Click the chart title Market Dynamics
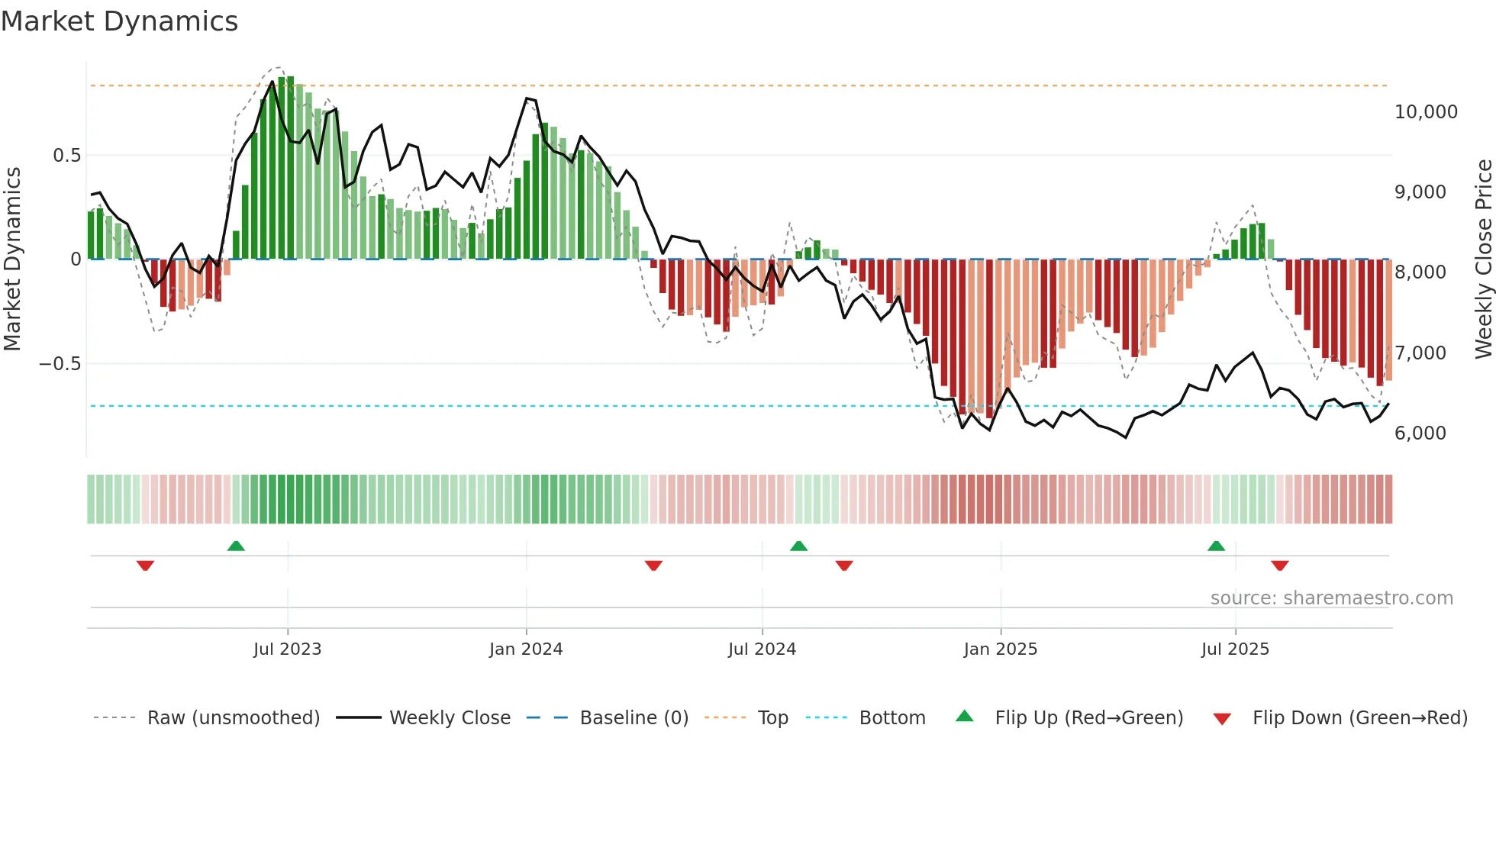pyautogui.click(x=119, y=21)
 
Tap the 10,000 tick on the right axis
pyautogui.click(x=1425, y=112)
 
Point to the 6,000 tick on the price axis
pyautogui.click(x=1420, y=433)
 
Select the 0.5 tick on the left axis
pyautogui.click(x=66, y=156)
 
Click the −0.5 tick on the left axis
pyautogui.click(x=60, y=364)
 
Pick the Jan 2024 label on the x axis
pyautogui.click(x=525, y=649)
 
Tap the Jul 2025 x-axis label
pyautogui.click(x=1234, y=649)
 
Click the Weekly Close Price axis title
pyautogui.click(x=1483, y=259)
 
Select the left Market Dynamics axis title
pyautogui.click(x=12, y=259)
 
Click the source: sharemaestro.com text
pyautogui.click(x=1331, y=598)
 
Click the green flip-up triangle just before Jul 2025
pyautogui.click(x=1216, y=546)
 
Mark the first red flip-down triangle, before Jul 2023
pyautogui.click(x=145, y=565)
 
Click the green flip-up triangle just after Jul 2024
pyautogui.click(x=798, y=546)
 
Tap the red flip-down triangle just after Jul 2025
pyautogui.click(x=1279, y=565)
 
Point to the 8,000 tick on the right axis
pyautogui.click(x=1420, y=272)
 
